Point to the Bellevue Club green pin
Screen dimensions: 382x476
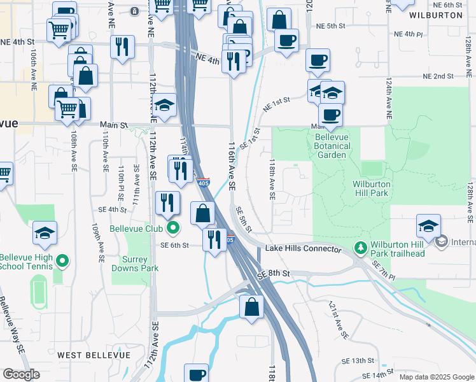[171, 228]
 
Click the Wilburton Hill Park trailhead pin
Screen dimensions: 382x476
[361, 246]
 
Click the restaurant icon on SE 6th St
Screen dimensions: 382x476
[214, 239]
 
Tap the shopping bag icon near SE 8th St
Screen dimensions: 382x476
[252, 306]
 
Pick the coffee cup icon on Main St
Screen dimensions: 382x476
[330, 115]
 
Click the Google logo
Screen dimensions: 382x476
[22, 374]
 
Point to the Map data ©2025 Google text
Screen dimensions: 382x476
[436, 377]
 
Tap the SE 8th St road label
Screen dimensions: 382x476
[274, 274]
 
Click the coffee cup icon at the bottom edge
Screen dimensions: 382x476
[197, 374]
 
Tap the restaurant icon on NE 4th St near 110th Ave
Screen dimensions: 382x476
[122, 46]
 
